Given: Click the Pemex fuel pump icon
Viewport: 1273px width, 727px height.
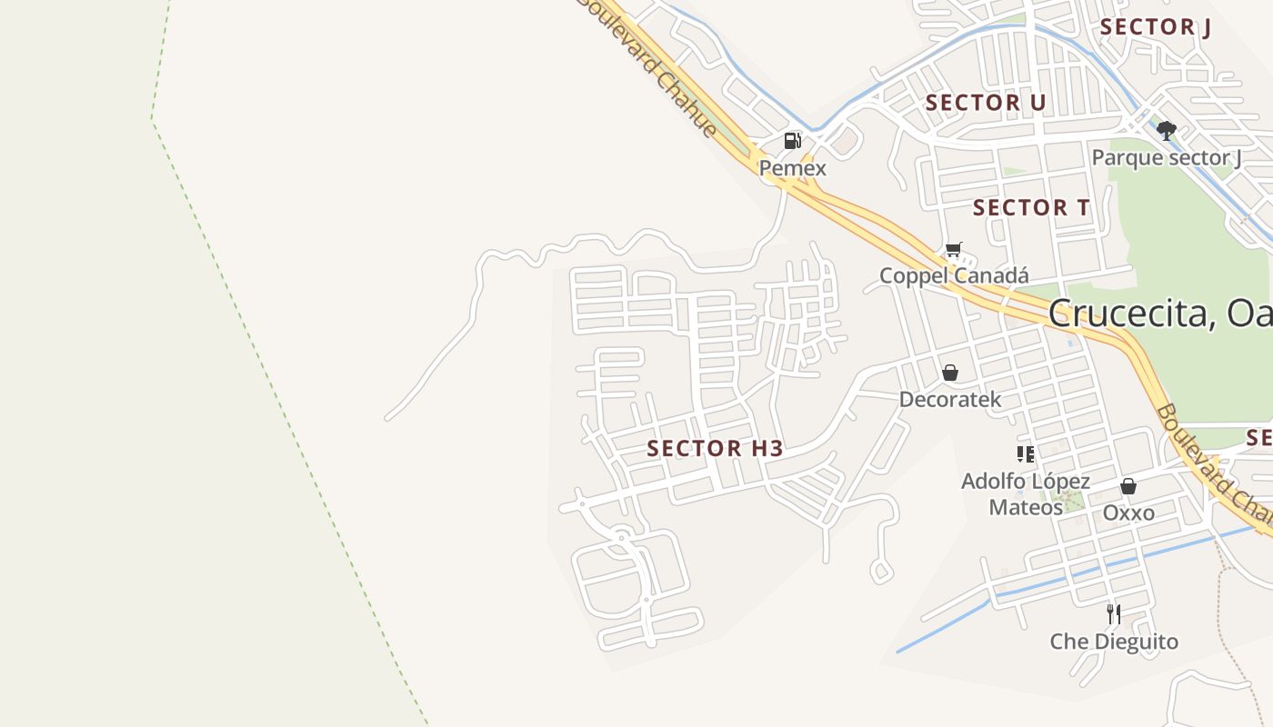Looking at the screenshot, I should [x=793, y=141].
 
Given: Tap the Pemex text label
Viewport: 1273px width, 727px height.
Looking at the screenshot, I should [x=793, y=168].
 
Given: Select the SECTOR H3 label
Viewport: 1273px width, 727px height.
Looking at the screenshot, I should [x=715, y=448].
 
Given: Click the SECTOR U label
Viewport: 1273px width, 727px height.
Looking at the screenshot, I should [x=986, y=103].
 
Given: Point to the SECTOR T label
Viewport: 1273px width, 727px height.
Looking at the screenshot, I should [x=1031, y=208].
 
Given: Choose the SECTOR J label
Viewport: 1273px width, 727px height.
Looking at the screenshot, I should [x=1155, y=27].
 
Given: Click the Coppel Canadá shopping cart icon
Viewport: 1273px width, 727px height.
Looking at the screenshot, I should [x=953, y=249].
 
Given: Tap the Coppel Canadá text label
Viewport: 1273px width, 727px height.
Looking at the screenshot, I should [x=954, y=275].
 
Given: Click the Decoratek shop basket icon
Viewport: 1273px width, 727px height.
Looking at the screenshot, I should [x=950, y=373].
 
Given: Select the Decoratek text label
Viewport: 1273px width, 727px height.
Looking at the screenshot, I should [x=950, y=399].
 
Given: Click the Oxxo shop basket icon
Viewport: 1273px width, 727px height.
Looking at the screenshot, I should [x=1128, y=486].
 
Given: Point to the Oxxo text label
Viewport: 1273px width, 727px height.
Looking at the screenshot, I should [x=1128, y=513].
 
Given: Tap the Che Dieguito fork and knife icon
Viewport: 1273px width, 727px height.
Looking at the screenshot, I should [x=1113, y=614].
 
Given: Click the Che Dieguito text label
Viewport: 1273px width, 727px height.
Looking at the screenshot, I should [x=1114, y=642].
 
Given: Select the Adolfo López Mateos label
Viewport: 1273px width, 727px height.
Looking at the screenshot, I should [x=1026, y=493].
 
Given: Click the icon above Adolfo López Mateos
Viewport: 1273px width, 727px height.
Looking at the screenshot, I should [x=1026, y=453].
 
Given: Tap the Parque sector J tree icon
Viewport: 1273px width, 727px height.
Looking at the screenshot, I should [x=1166, y=131].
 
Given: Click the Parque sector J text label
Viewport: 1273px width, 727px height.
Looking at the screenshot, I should [x=1166, y=158].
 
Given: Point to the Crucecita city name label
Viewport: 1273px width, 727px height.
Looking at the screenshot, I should [x=1159, y=314].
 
